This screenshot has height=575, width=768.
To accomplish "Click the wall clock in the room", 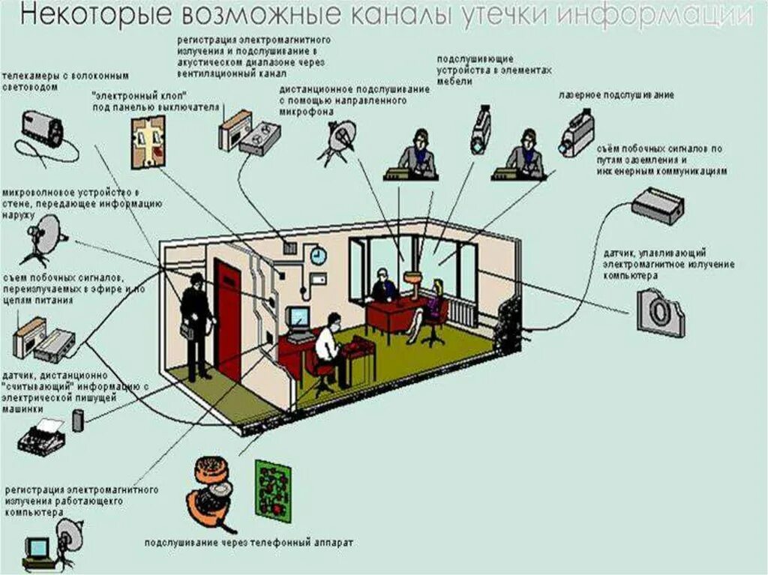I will [x=318, y=256].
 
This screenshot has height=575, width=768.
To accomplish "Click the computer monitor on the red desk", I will [x=298, y=318].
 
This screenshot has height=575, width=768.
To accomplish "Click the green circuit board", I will [x=272, y=488].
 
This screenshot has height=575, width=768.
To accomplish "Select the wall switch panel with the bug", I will [x=148, y=139].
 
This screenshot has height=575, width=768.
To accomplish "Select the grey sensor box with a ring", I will [x=659, y=311].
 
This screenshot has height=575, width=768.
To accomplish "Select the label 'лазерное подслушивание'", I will [x=616, y=95].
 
